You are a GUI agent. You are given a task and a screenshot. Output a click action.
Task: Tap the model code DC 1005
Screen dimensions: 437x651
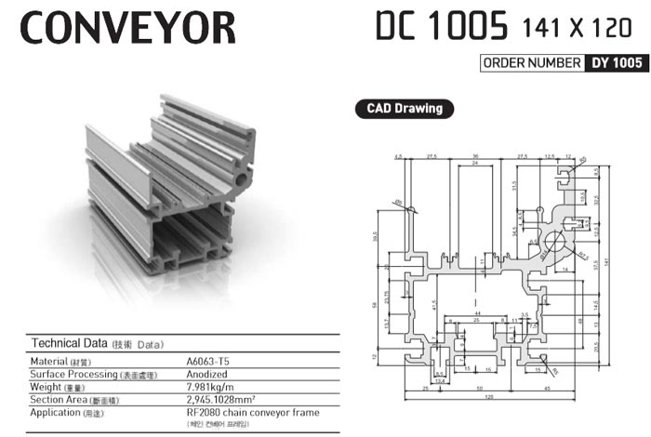(442, 26)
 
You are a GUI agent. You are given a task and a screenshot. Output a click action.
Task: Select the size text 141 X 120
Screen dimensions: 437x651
(578, 28)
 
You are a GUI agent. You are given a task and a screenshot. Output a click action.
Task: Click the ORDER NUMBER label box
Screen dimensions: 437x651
(531, 64)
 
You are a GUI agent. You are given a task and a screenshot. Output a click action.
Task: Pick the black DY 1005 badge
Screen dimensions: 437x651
(614, 64)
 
